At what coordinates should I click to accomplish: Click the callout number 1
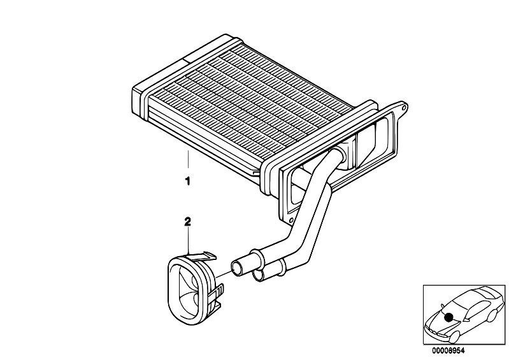click(x=187, y=181)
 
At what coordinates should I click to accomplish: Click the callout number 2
click(x=188, y=222)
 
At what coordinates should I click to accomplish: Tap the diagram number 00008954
click(x=448, y=351)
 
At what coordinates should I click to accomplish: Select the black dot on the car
click(x=449, y=317)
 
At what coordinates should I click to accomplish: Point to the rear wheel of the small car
click(x=492, y=316)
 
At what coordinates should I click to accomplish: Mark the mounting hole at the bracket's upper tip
click(x=403, y=106)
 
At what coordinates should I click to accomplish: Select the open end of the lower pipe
click(x=257, y=276)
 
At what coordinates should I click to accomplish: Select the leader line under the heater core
click(x=188, y=159)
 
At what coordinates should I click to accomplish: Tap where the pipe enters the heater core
click(x=341, y=152)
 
